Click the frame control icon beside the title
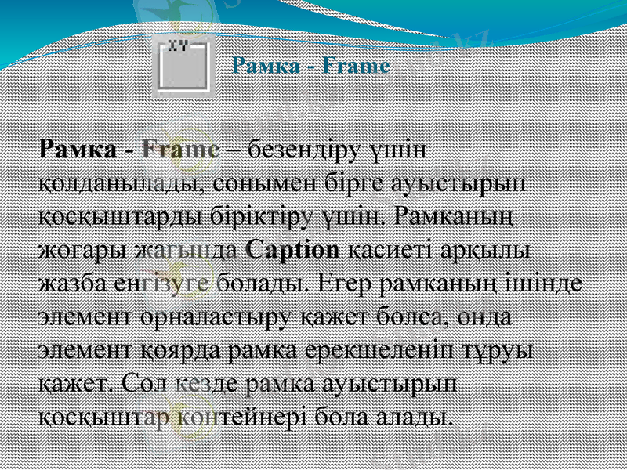(183, 65)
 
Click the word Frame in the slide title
(357, 66)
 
